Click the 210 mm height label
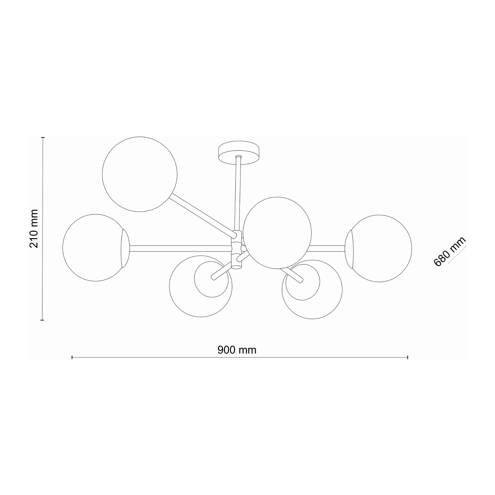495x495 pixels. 34,229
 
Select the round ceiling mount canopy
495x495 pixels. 239,153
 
